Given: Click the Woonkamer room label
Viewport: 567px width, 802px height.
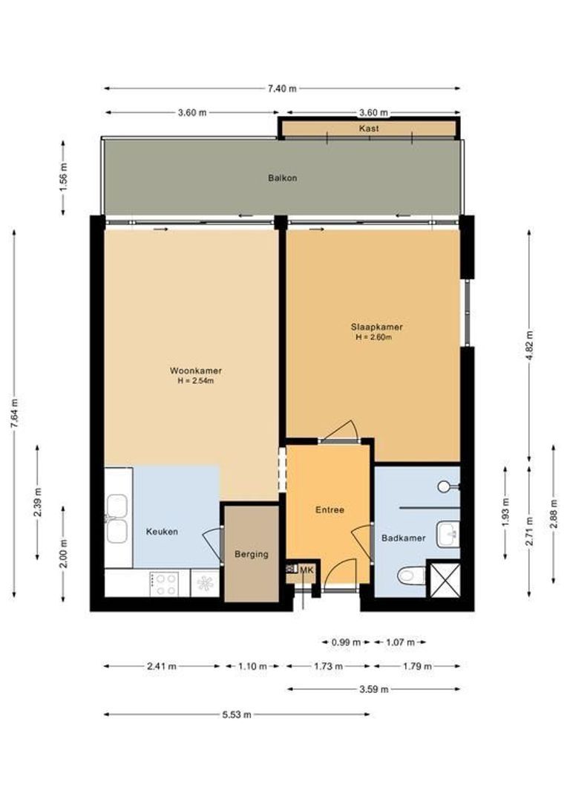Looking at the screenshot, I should pos(196,371).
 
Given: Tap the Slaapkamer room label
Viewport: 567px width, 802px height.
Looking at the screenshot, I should pos(377,327).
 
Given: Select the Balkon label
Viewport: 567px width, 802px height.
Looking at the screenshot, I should pos(283,178).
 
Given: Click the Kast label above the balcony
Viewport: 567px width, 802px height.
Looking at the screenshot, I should pos(369,128).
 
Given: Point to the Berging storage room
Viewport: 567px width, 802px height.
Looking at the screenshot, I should pos(251,554).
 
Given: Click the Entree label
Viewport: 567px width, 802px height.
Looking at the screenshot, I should pos(330,510).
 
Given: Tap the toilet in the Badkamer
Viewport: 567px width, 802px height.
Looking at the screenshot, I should pos(411,575).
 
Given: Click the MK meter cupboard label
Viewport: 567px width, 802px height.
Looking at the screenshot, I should pos(307,569).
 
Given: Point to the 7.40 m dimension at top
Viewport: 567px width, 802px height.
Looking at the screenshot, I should pos(282,88).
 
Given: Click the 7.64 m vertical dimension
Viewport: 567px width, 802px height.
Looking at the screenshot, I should pos(14,414).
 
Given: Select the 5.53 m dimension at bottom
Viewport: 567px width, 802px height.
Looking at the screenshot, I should pos(237,714).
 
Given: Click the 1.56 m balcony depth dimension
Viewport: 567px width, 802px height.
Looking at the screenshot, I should pos(63,177).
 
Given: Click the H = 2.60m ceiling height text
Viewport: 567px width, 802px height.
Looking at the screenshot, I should pos(373,338).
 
